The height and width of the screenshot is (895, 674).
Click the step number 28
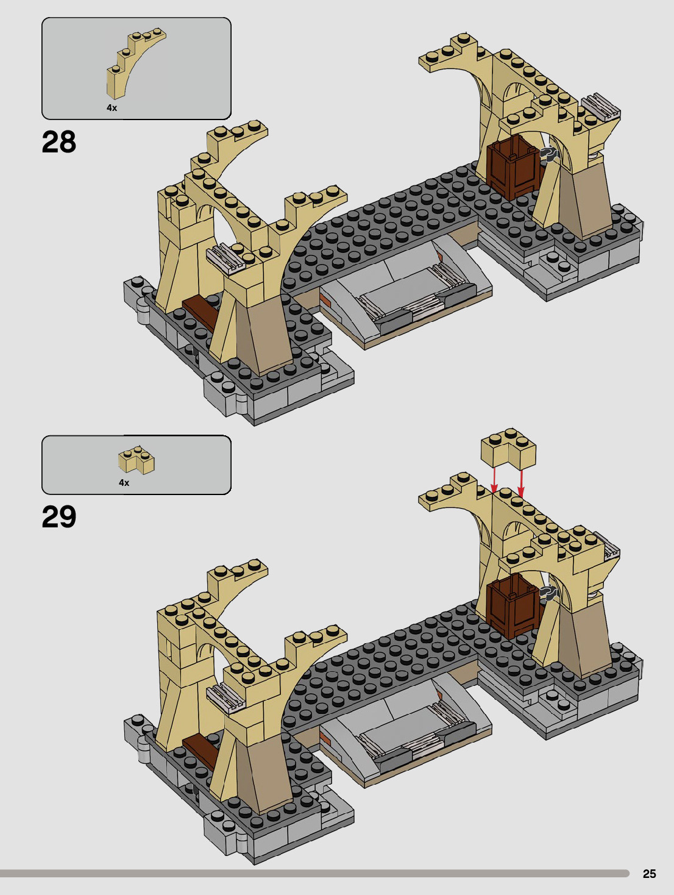point(59,142)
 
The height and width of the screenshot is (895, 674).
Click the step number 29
point(59,517)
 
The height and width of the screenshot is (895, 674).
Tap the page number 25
point(649,874)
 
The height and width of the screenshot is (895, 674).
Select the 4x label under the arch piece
point(112,108)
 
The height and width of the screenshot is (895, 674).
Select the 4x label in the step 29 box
point(124,483)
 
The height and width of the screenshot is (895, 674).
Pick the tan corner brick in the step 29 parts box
point(137,460)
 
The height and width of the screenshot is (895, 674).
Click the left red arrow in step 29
point(494,478)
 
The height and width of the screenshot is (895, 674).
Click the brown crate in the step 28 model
point(513,168)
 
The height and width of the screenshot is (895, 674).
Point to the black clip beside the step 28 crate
point(548,154)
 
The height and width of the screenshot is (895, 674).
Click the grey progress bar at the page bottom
point(314,874)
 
